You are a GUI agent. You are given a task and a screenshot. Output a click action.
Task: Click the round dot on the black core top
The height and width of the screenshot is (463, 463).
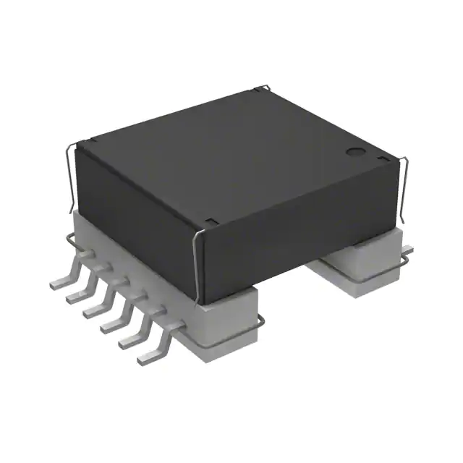(354, 153)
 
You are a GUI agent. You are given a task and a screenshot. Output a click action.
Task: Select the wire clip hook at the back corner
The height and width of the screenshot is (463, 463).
(266, 88)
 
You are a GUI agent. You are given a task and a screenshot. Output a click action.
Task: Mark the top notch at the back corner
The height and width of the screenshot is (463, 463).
(261, 92)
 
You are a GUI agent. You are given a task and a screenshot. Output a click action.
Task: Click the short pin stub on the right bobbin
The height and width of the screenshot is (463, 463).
(407, 251)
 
